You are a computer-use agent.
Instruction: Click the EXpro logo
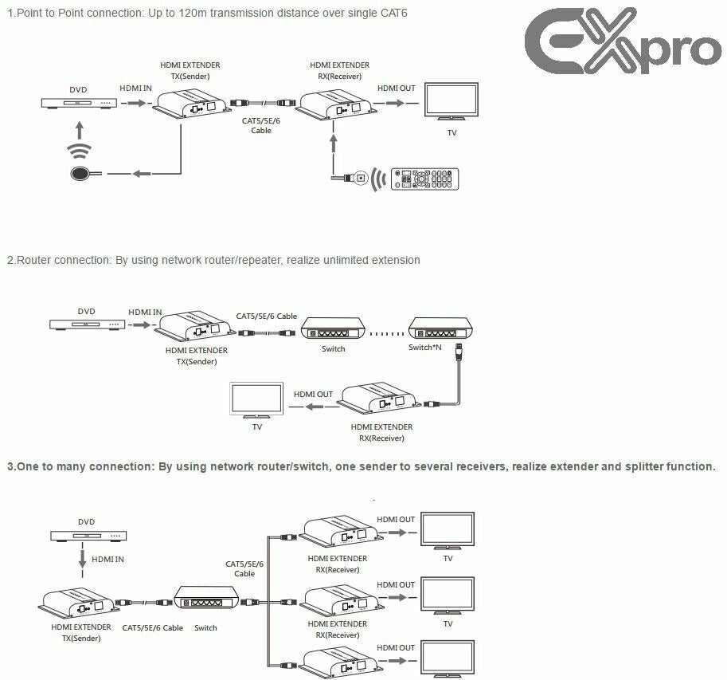click(623, 45)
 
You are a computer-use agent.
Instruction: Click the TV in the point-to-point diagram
click(451, 101)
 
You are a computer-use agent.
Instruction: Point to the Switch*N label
click(424, 348)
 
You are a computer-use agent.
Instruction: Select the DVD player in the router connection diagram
click(87, 324)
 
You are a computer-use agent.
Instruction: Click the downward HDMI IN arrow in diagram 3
click(83, 559)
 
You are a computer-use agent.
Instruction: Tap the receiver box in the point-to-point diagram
click(334, 104)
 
